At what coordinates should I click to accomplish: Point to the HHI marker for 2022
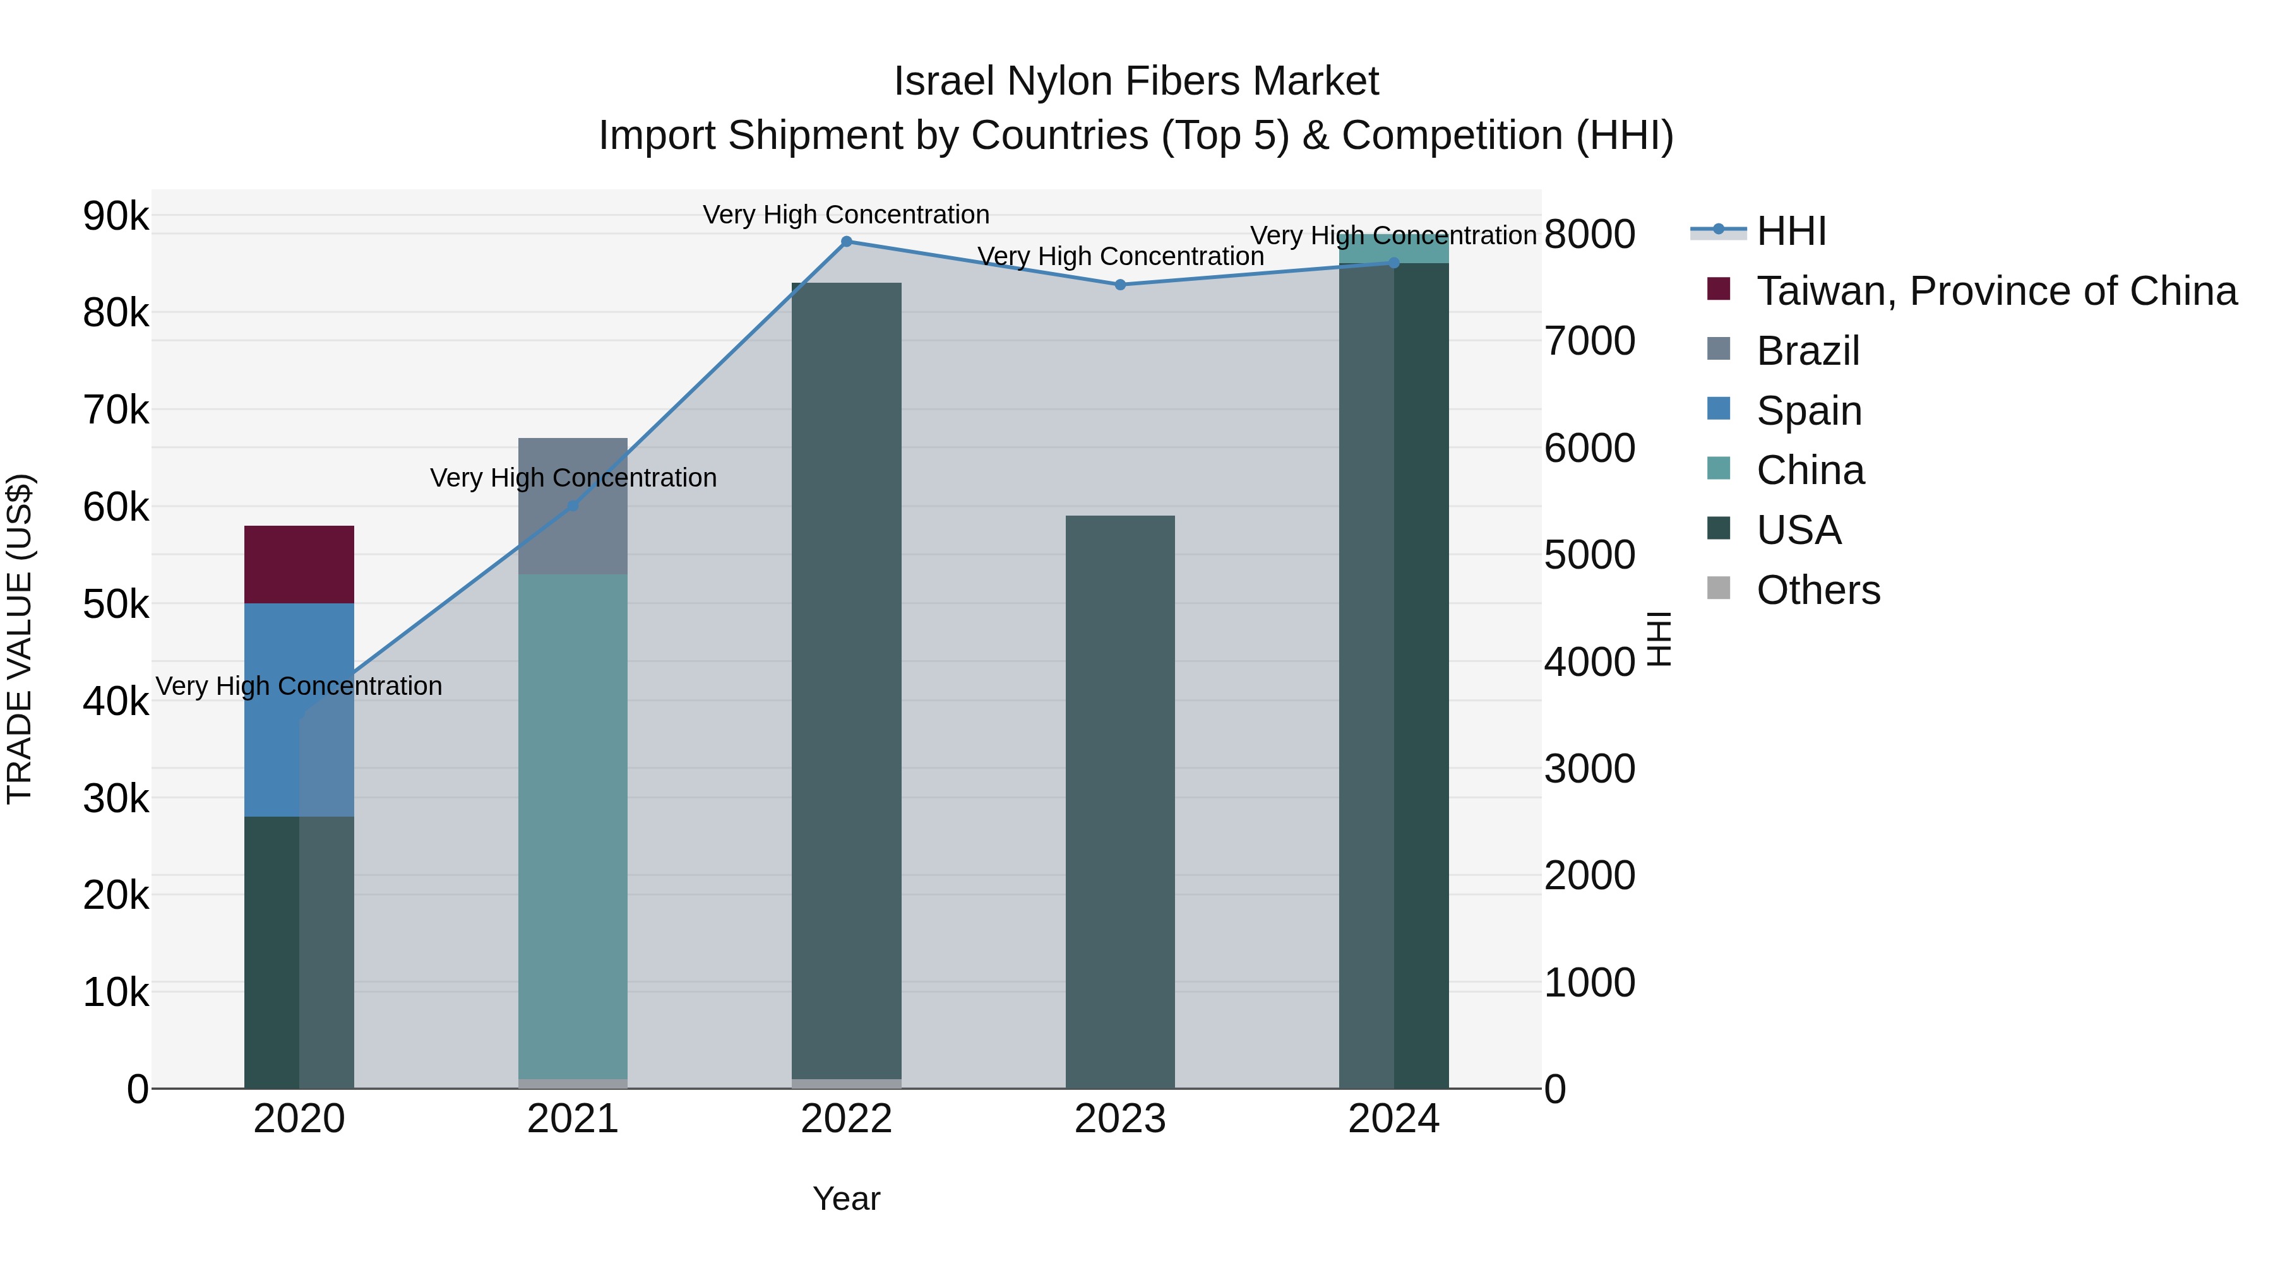point(846,242)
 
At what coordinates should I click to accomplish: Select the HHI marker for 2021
point(573,506)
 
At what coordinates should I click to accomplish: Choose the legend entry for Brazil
point(1807,351)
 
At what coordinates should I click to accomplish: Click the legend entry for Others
point(1818,590)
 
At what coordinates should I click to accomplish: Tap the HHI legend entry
point(1791,231)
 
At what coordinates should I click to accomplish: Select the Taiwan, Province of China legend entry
point(1996,291)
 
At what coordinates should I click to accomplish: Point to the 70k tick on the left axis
point(116,410)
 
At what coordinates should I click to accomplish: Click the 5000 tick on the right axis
point(1589,555)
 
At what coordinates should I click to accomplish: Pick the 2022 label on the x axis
point(846,1119)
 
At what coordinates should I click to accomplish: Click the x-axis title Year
point(846,1198)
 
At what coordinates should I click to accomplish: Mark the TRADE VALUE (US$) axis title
point(20,639)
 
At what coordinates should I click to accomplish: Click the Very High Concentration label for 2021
point(573,477)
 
